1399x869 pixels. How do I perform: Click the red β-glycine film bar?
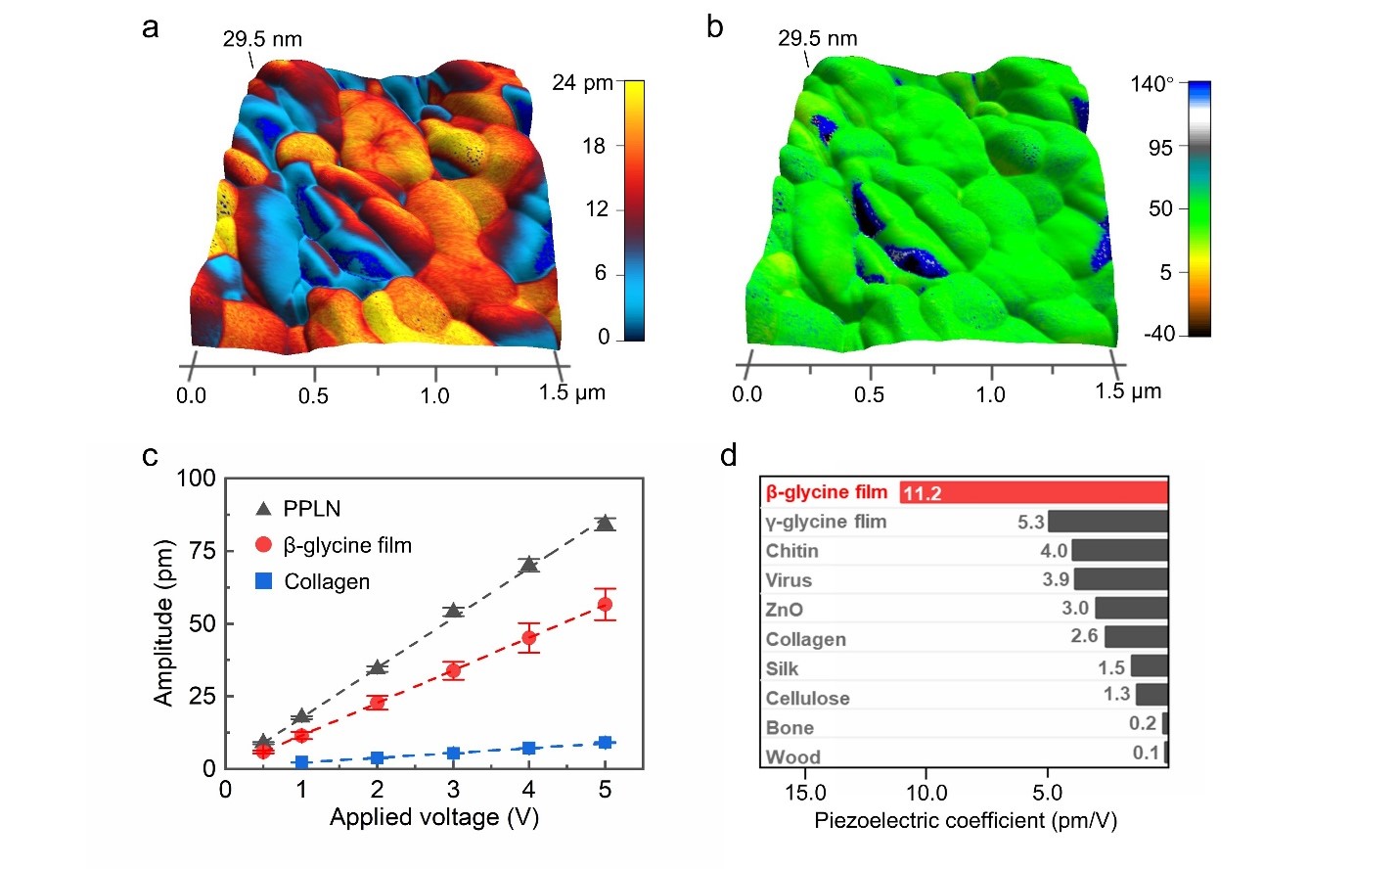[x=1033, y=492]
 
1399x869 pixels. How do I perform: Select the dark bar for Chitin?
[x=1119, y=550]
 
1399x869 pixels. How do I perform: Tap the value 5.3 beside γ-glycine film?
[x=1030, y=522]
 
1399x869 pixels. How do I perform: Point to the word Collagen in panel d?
[x=805, y=639]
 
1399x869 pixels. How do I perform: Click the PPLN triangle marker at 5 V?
[x=605, y=524]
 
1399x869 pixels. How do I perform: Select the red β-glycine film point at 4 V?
[x=529, y=637]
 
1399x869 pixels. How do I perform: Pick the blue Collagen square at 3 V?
[x=453, y=754]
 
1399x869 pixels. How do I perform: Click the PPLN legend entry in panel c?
[x=311, y=509]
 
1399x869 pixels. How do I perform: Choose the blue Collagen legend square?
[x=263, y=581]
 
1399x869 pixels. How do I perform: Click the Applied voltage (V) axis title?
[x=433, y=817]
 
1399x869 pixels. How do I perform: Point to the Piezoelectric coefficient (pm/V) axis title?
[x=965, y=820]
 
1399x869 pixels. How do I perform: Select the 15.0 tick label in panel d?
[x=805, y=793]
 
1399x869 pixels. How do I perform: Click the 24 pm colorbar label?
[x=582, y=83]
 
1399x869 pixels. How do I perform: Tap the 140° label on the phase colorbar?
[x=1151, y=84]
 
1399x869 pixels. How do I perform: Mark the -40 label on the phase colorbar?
[x=1159, y=334]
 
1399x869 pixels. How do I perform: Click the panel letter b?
[x=715, y=27]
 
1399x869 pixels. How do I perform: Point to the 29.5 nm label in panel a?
[x=262, y=39]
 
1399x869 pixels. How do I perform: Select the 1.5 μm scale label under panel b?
[x=1127, y=391]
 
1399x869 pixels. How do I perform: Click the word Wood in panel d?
[x=792, y=756]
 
